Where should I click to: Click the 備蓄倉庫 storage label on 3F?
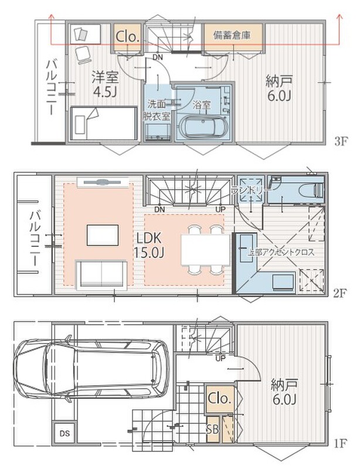(x=232, y=36)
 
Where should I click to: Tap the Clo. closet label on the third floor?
(x=128, y=37)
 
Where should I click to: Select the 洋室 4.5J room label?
(x=105, y=84)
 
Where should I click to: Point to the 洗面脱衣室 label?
(x=157, y=110)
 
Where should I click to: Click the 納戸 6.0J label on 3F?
(x=279, y=89)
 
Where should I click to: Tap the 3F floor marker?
(x=340, y=141)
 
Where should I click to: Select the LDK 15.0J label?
(x=149, y=246)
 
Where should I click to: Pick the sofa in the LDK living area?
(x=102, y=275)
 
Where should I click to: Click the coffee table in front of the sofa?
(x=103, y=235)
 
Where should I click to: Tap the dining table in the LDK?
(x=205, y=250)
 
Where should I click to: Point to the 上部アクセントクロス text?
(x=281, y=252)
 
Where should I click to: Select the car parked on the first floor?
(x=92, y=369)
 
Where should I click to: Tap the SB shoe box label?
(x=212, y=430)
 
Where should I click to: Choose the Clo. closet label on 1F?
(x=220, y=398)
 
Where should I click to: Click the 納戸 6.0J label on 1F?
(x=284, y=392)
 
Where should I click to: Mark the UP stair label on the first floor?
(x=220, y=358)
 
